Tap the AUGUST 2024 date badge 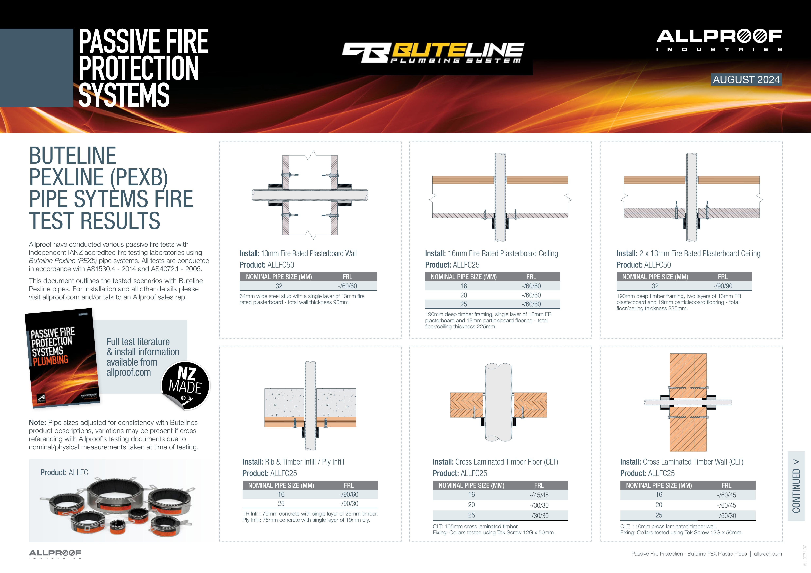(746, 79)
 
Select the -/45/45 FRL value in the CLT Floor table (539, 495)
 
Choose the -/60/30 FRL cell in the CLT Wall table (727, 516)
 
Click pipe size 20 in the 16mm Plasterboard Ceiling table (464, 295)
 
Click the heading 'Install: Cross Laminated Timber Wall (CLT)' (682, 462)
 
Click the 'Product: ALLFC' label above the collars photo (64, 472)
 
